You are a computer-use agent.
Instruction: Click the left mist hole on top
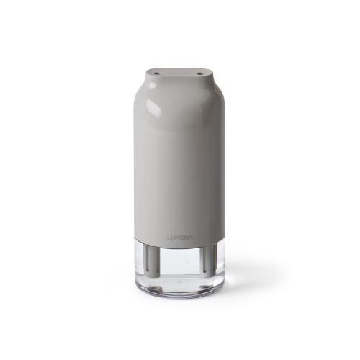click(157, 72)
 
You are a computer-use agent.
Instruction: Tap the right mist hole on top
click(199, 73)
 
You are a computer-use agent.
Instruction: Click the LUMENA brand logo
click(180, 238)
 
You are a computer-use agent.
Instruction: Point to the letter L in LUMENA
click(169, 238)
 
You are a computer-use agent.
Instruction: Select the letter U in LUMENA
click(173, 238)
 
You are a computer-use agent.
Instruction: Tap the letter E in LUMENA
click(182, 238)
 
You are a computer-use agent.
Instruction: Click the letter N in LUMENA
click(186, 238)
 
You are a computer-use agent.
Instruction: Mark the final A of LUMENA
click(191, 238)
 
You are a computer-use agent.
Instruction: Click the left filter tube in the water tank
click(153, 261)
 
